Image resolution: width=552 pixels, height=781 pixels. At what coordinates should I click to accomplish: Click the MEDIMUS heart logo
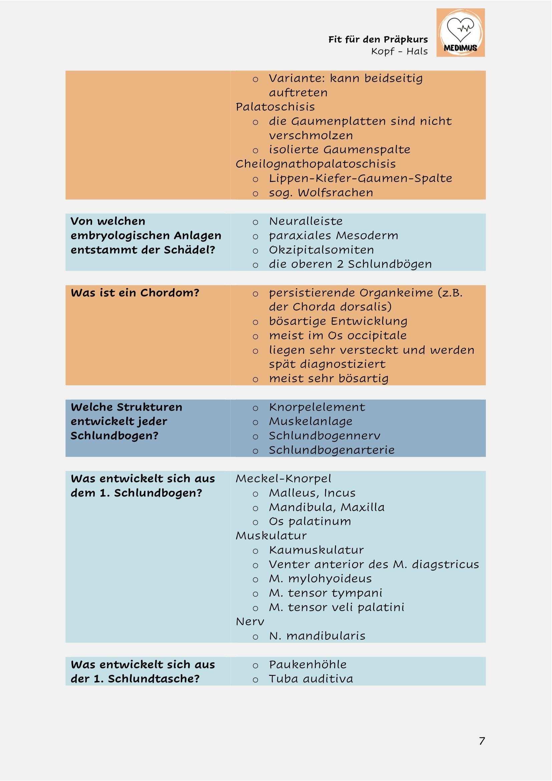point(460,33)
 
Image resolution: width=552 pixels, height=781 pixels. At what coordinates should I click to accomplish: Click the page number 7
point(482,741)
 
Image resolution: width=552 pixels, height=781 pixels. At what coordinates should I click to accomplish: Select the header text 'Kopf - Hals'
point(399,51)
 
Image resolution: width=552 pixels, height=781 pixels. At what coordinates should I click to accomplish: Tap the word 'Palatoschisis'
point(275,107)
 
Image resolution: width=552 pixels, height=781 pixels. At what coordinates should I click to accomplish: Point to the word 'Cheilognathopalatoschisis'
point(315,164)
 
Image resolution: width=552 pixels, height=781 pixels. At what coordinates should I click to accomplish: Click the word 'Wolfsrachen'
point(335,193)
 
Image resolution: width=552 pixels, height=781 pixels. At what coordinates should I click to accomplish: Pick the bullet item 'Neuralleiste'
point(306,221)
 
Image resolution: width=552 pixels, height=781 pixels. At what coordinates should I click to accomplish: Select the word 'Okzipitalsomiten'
point(321,250)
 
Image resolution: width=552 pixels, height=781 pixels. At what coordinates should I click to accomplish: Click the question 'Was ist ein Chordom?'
point(135,292)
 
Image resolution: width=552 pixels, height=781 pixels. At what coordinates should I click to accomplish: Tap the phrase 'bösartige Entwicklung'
point(338,321)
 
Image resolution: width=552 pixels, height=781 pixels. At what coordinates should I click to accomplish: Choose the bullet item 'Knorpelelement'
point(317,407)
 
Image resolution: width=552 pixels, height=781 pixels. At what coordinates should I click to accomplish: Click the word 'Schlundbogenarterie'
point(331,450)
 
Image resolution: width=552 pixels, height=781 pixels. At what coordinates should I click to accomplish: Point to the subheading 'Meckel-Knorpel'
point(283,478)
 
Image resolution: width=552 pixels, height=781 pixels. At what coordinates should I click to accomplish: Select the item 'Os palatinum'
point(310,521)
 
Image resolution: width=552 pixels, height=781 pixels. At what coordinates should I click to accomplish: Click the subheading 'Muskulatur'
point(271,535)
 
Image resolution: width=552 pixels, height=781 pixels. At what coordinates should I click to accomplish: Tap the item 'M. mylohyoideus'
point(320,578)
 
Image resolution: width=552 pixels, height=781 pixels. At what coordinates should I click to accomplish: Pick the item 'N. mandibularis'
point(317,635)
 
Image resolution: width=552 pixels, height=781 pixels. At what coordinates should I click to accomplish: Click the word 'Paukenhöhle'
point(308,664)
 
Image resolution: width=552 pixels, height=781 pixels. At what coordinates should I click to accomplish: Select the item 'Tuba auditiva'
point(311,678)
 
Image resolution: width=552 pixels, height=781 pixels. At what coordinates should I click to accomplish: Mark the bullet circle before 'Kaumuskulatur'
point(255,551)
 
